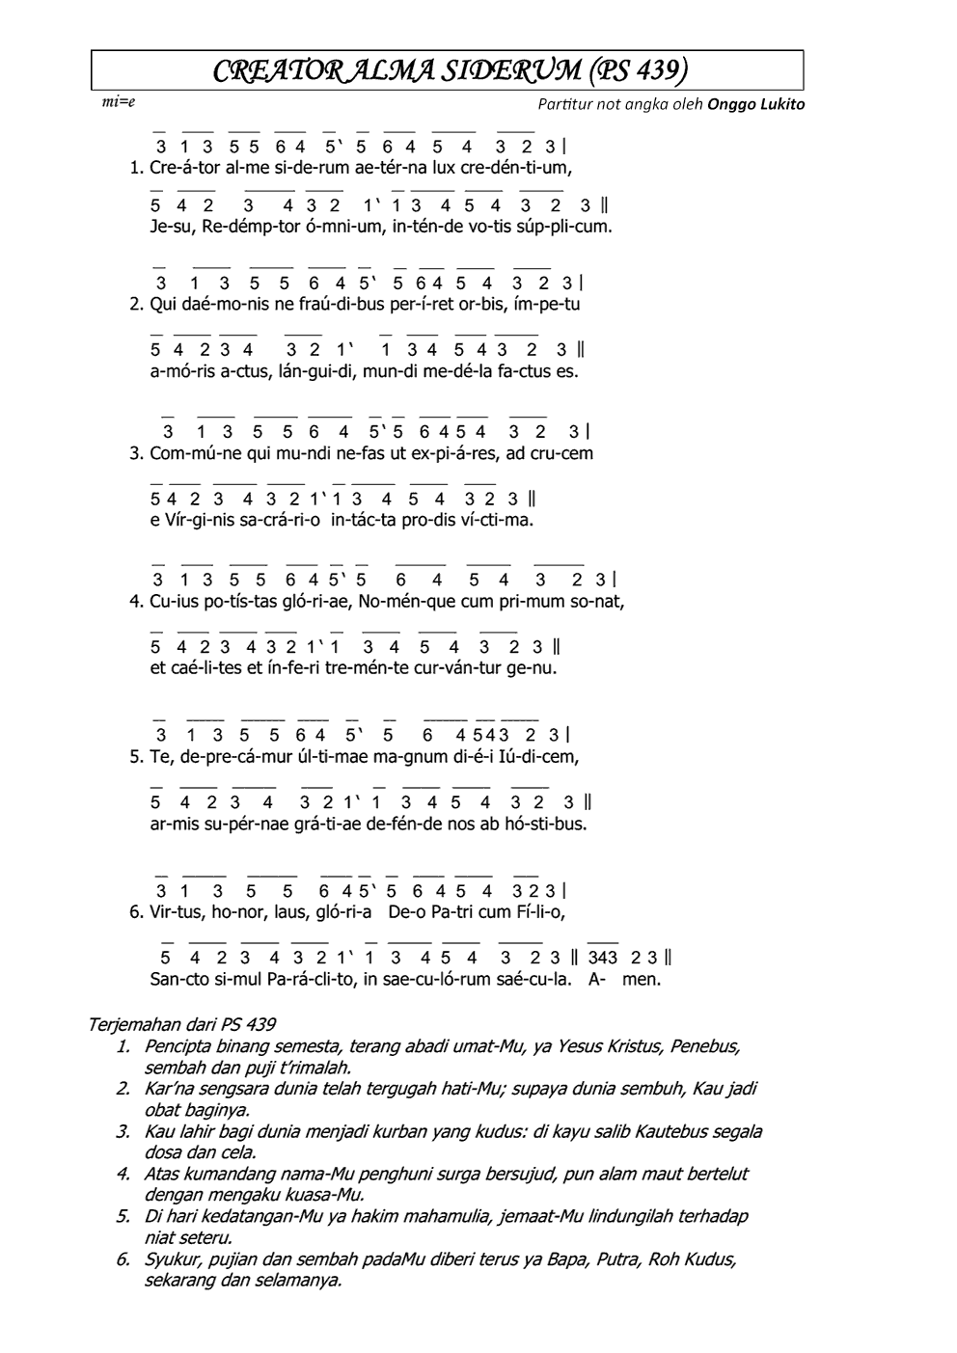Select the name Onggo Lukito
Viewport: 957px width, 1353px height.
click(756, 104)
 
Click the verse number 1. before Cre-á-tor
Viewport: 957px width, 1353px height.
click(136, 167)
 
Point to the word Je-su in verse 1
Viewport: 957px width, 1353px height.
click(173, 228)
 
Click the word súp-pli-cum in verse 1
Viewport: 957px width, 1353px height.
click(566, 228)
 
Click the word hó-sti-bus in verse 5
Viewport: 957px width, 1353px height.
click(546, 825)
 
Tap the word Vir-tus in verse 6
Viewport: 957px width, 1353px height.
click(174, 911)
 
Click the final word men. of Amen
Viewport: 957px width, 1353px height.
click(642, 979)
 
